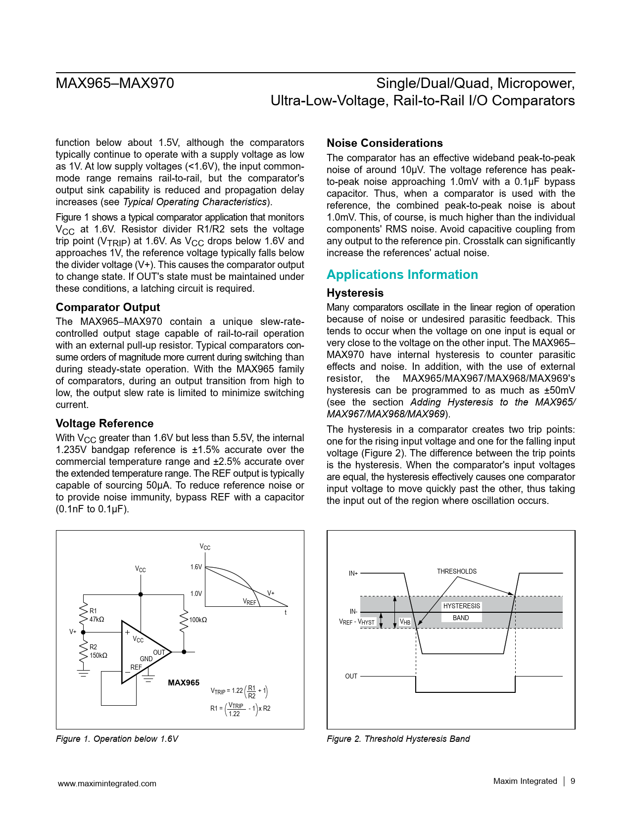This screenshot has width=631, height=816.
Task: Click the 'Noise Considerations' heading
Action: pos(385,143)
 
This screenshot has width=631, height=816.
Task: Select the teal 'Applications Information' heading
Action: pos(402,275)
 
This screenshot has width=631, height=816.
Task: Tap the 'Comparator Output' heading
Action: pos(108,308)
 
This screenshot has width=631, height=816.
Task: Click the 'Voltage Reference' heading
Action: pos(104,424)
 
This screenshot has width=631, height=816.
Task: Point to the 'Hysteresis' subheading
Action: pos(355,293)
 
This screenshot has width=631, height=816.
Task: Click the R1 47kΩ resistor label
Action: pos(97,615)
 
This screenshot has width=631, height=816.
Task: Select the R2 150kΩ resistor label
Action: pos(98,651)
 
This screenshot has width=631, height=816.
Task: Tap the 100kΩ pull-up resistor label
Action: pos(198,620)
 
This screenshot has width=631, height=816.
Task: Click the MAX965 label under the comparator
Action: pos(184,683)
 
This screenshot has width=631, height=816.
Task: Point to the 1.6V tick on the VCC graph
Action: pos(196,567)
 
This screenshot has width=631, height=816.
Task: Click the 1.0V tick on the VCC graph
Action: pos(196,594)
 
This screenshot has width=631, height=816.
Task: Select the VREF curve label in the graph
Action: pos(249,602)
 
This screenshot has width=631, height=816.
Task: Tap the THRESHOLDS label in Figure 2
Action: pos(456,572)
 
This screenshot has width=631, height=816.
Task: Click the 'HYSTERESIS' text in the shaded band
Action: pos(461,606)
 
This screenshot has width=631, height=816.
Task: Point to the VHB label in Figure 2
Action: pos(405,622)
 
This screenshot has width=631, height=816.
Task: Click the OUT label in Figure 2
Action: pos(351,677)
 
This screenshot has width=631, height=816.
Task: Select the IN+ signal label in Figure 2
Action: pos(353,574)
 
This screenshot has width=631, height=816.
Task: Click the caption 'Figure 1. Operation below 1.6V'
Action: pos(117,739)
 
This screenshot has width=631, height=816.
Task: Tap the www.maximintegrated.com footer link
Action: pos(107,784)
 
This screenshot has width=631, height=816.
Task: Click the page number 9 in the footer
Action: pos(573,781)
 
